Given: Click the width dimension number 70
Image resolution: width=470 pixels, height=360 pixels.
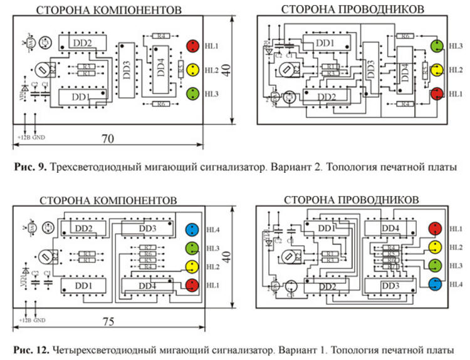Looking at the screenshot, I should point(108,138).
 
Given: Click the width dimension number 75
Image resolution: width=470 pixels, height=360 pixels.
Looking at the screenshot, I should point(108,321).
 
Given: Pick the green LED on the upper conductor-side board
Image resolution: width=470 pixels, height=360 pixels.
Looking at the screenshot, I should point(437,46).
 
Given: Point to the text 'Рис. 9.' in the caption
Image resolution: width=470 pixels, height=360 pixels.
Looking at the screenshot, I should point(29,167).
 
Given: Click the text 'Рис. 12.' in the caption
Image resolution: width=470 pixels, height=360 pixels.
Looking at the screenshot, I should point(32,350).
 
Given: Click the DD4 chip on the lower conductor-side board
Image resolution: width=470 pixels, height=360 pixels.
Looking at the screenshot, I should point(390,229).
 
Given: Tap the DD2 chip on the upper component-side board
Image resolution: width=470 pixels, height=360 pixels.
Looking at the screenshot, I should point(82,43).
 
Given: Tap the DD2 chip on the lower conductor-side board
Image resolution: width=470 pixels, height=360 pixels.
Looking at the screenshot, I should point(326,285).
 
